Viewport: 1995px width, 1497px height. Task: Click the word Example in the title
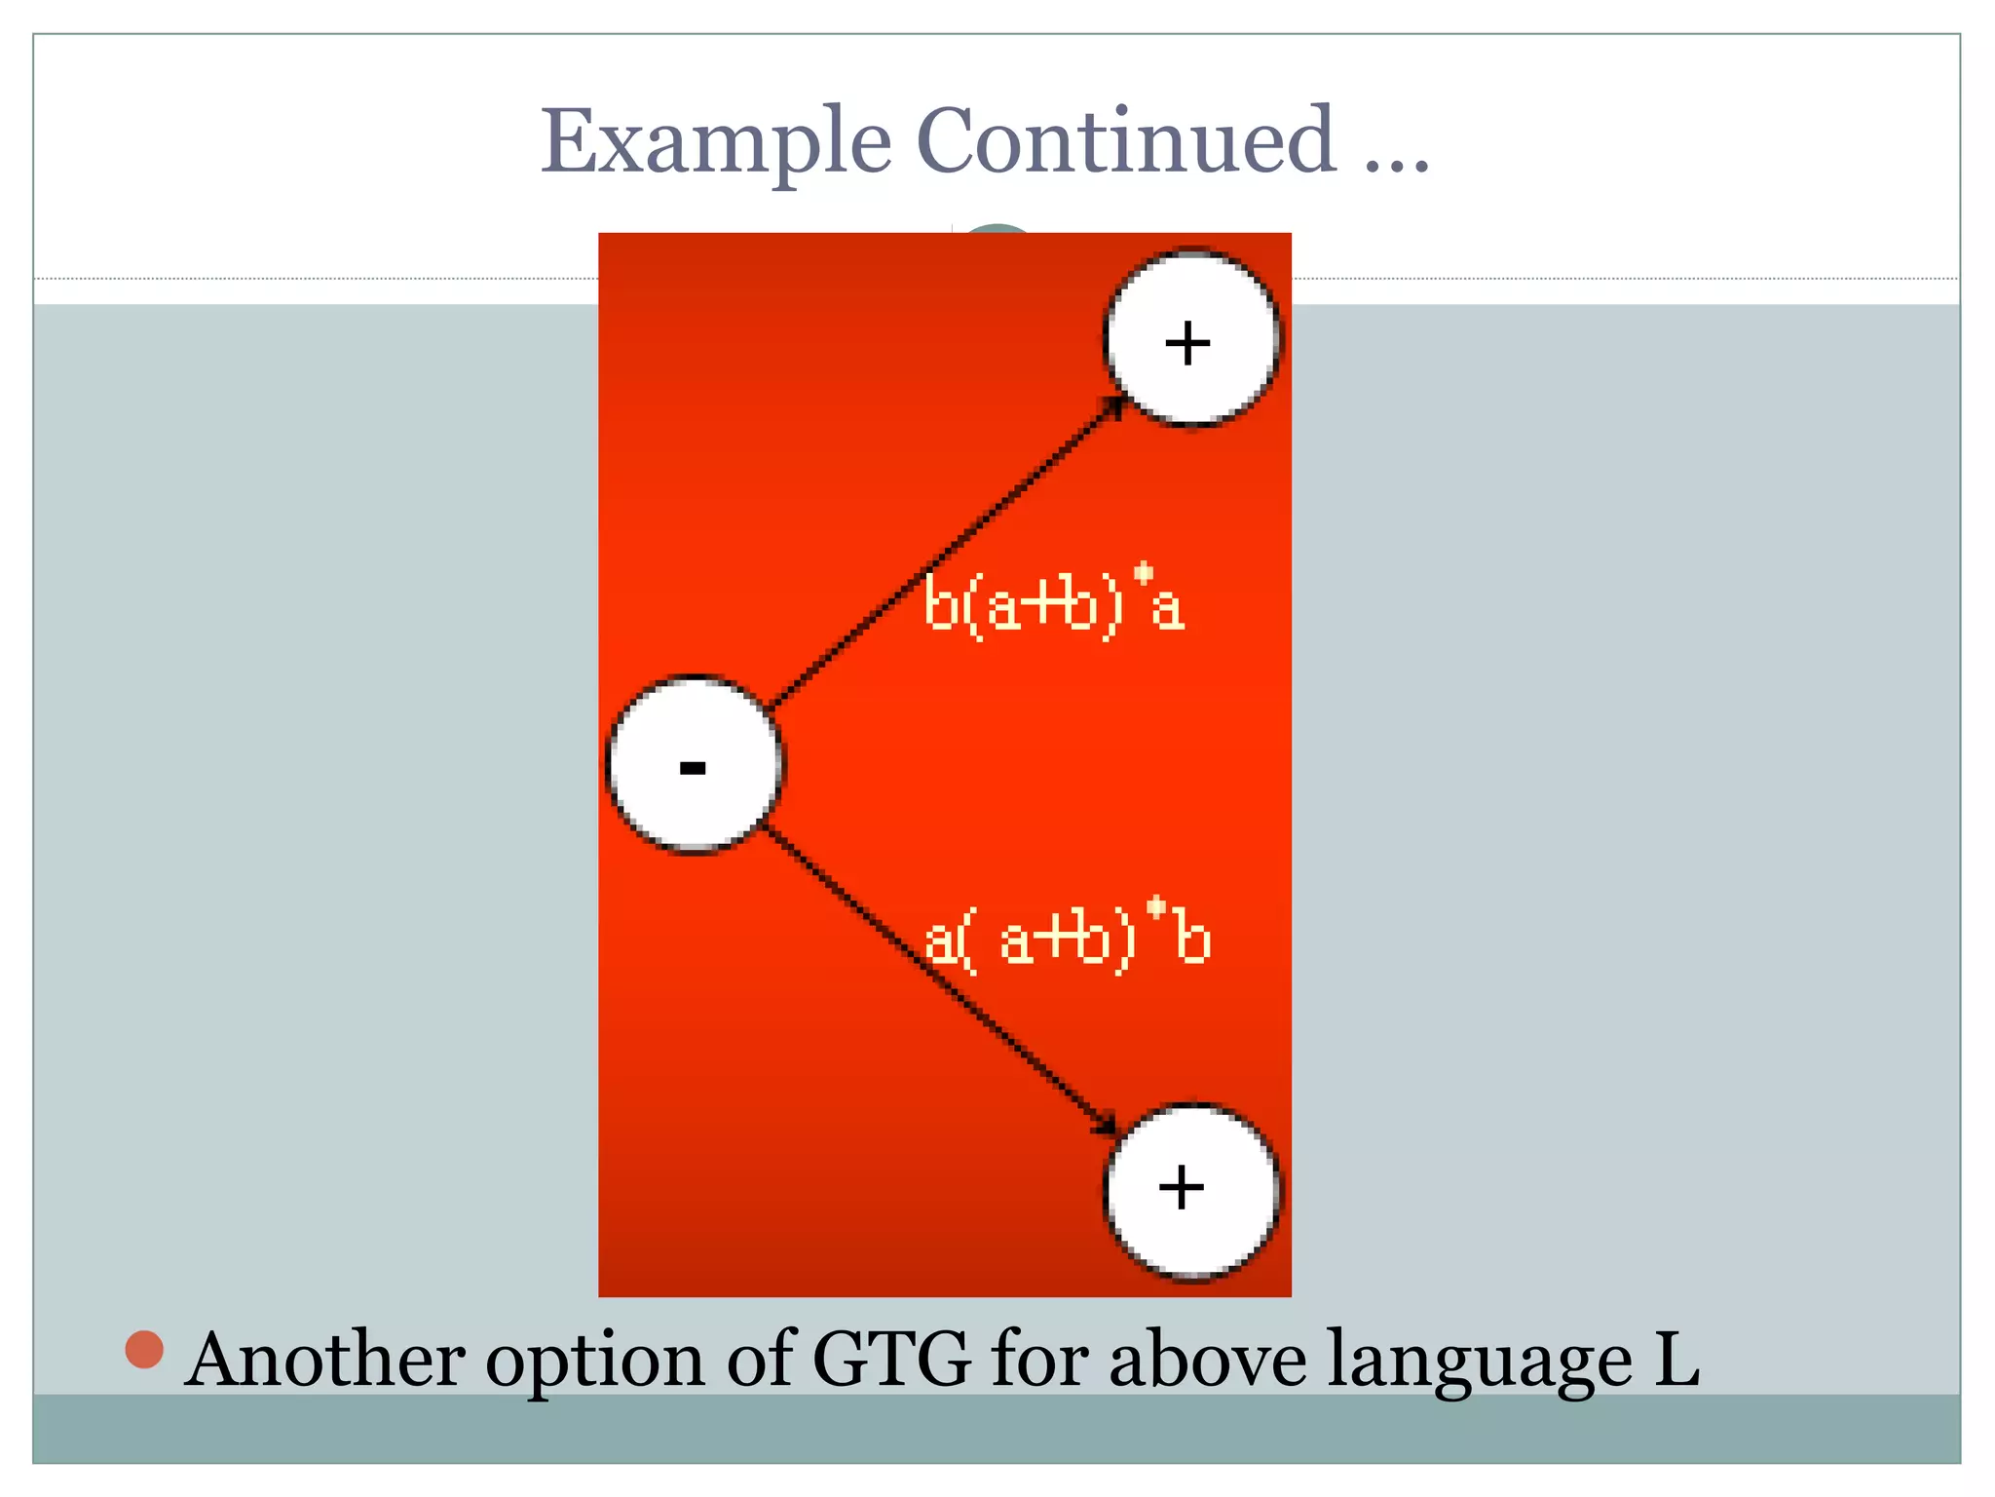[x=716, y=143]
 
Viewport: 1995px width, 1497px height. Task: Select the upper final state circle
[x=1191, y=339]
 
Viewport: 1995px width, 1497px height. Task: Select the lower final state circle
[x=1191, y=1190]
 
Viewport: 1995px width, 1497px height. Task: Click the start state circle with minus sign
[x=694, y=763]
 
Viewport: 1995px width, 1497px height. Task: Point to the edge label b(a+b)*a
[x=1054, y=604]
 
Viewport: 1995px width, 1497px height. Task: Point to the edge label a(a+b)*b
[x=1067, y=938]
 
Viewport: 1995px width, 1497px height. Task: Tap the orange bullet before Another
[x=144, y=1349]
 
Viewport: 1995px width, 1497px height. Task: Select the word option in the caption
[x=595, y=1361]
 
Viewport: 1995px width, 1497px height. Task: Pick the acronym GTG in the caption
[x=891, y=1359]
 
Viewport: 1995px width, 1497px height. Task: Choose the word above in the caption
[x=1208, y=1359]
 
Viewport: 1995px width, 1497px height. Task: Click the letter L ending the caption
[x=1676, y=1359]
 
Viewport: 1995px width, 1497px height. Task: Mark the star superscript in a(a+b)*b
[x=1156, y=908]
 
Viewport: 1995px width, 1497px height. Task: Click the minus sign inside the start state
[x=693, y=769]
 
